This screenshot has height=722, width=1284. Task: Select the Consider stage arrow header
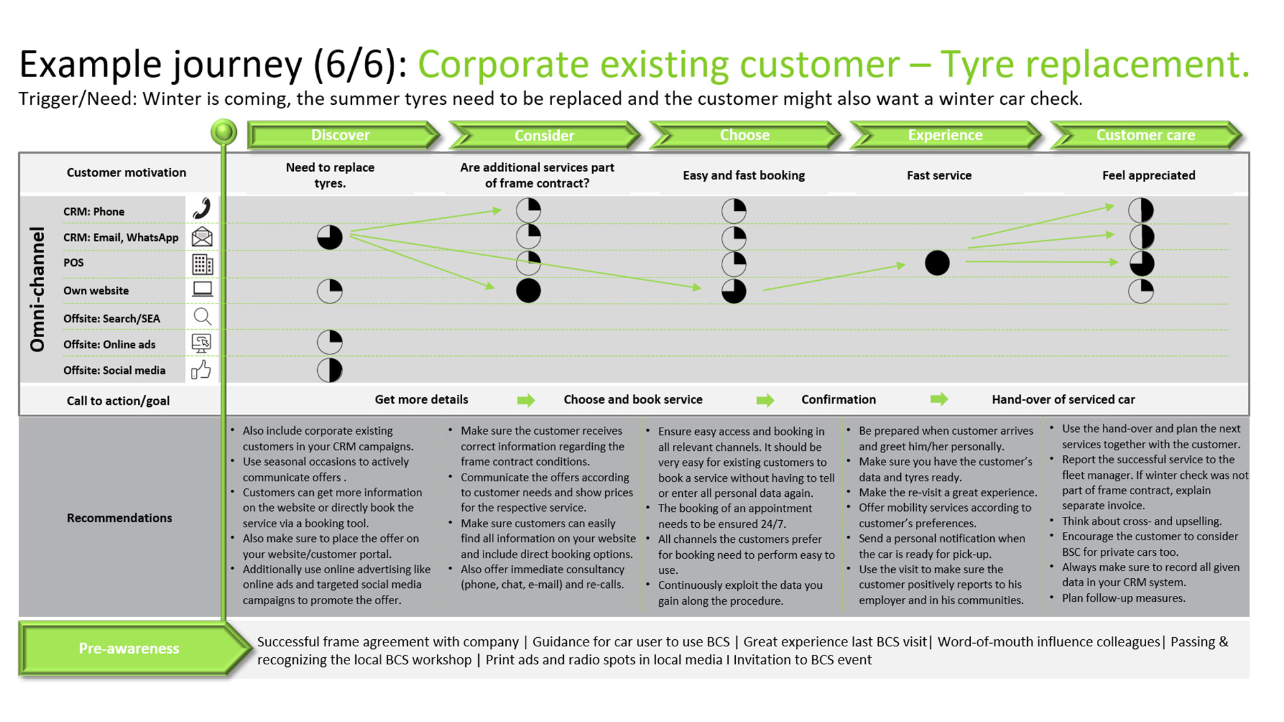click(544, 135)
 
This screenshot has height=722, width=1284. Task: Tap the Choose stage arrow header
click(745, 135)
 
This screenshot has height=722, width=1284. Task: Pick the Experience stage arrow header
click(945, 135)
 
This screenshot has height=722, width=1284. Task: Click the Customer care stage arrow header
click(1146, 135)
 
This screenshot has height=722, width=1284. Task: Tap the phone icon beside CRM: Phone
click(202, 209)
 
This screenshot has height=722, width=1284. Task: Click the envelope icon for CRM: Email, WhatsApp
click(202, 237)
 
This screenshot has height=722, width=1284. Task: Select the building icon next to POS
click(202, 264)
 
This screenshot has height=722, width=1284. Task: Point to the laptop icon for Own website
click(203, 289)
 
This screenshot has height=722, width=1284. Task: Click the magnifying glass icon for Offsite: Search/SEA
click(203, 316)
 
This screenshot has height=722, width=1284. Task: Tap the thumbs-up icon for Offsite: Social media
click(201, 369)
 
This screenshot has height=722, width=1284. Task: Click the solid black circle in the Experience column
click(937, 263)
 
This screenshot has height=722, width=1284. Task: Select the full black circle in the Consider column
click(528, 290)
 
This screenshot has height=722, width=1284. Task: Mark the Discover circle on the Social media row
click(329, 370)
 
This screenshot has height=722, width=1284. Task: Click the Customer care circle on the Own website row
click(1141, 291)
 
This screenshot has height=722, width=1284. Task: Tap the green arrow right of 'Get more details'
click(526, 400)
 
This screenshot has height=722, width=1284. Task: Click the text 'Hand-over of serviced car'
click(1063, 400)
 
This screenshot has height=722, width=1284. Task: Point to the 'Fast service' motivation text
click(939, 175)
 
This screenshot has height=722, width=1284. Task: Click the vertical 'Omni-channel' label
click(38, 289)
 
